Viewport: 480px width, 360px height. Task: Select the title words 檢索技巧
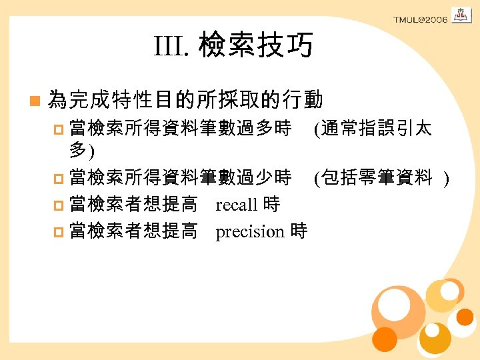(255, 47)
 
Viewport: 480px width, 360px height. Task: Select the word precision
(250, 231)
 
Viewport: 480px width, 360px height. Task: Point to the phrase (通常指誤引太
(373, 129)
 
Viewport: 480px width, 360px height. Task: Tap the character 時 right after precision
(299, 231)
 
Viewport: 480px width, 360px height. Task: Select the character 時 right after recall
(271, 204)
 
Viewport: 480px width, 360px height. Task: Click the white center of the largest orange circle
(394, 303)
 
